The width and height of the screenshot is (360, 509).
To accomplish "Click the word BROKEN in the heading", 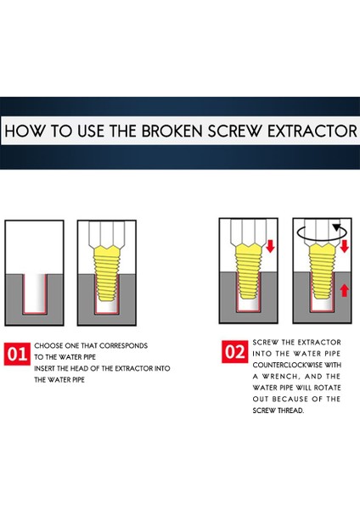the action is pyautogui.click(x=172, y=131).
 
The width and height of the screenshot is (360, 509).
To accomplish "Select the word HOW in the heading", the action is pyautogui.click(x=25, y=131).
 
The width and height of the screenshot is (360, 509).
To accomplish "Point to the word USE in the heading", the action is pyautogui.click(x=91, y=131).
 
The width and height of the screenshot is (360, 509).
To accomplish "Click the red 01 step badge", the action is pyautogui.click(x=17, y=354).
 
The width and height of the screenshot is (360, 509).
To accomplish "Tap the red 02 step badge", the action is pyautogui.click(x=235, y=351).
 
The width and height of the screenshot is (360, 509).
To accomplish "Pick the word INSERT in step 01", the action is pyautogui.click(x=44, y=368).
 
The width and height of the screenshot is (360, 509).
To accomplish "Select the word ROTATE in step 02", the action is pyautogui.click(x=327, y=388).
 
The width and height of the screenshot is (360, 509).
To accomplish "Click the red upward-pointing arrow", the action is pyautogui.click(x=345, y=290).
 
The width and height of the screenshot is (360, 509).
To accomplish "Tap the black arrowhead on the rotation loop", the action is pyautogui.click(x=337, y=227).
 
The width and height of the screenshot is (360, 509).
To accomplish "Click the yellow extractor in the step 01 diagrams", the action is pyautogui.click(x=106, y=272).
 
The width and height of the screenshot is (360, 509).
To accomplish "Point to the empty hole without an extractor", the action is pyautogui.click(x=35, y=294).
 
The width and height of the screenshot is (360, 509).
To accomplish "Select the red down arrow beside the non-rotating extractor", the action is pyautogui.click(x=270, y=246).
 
